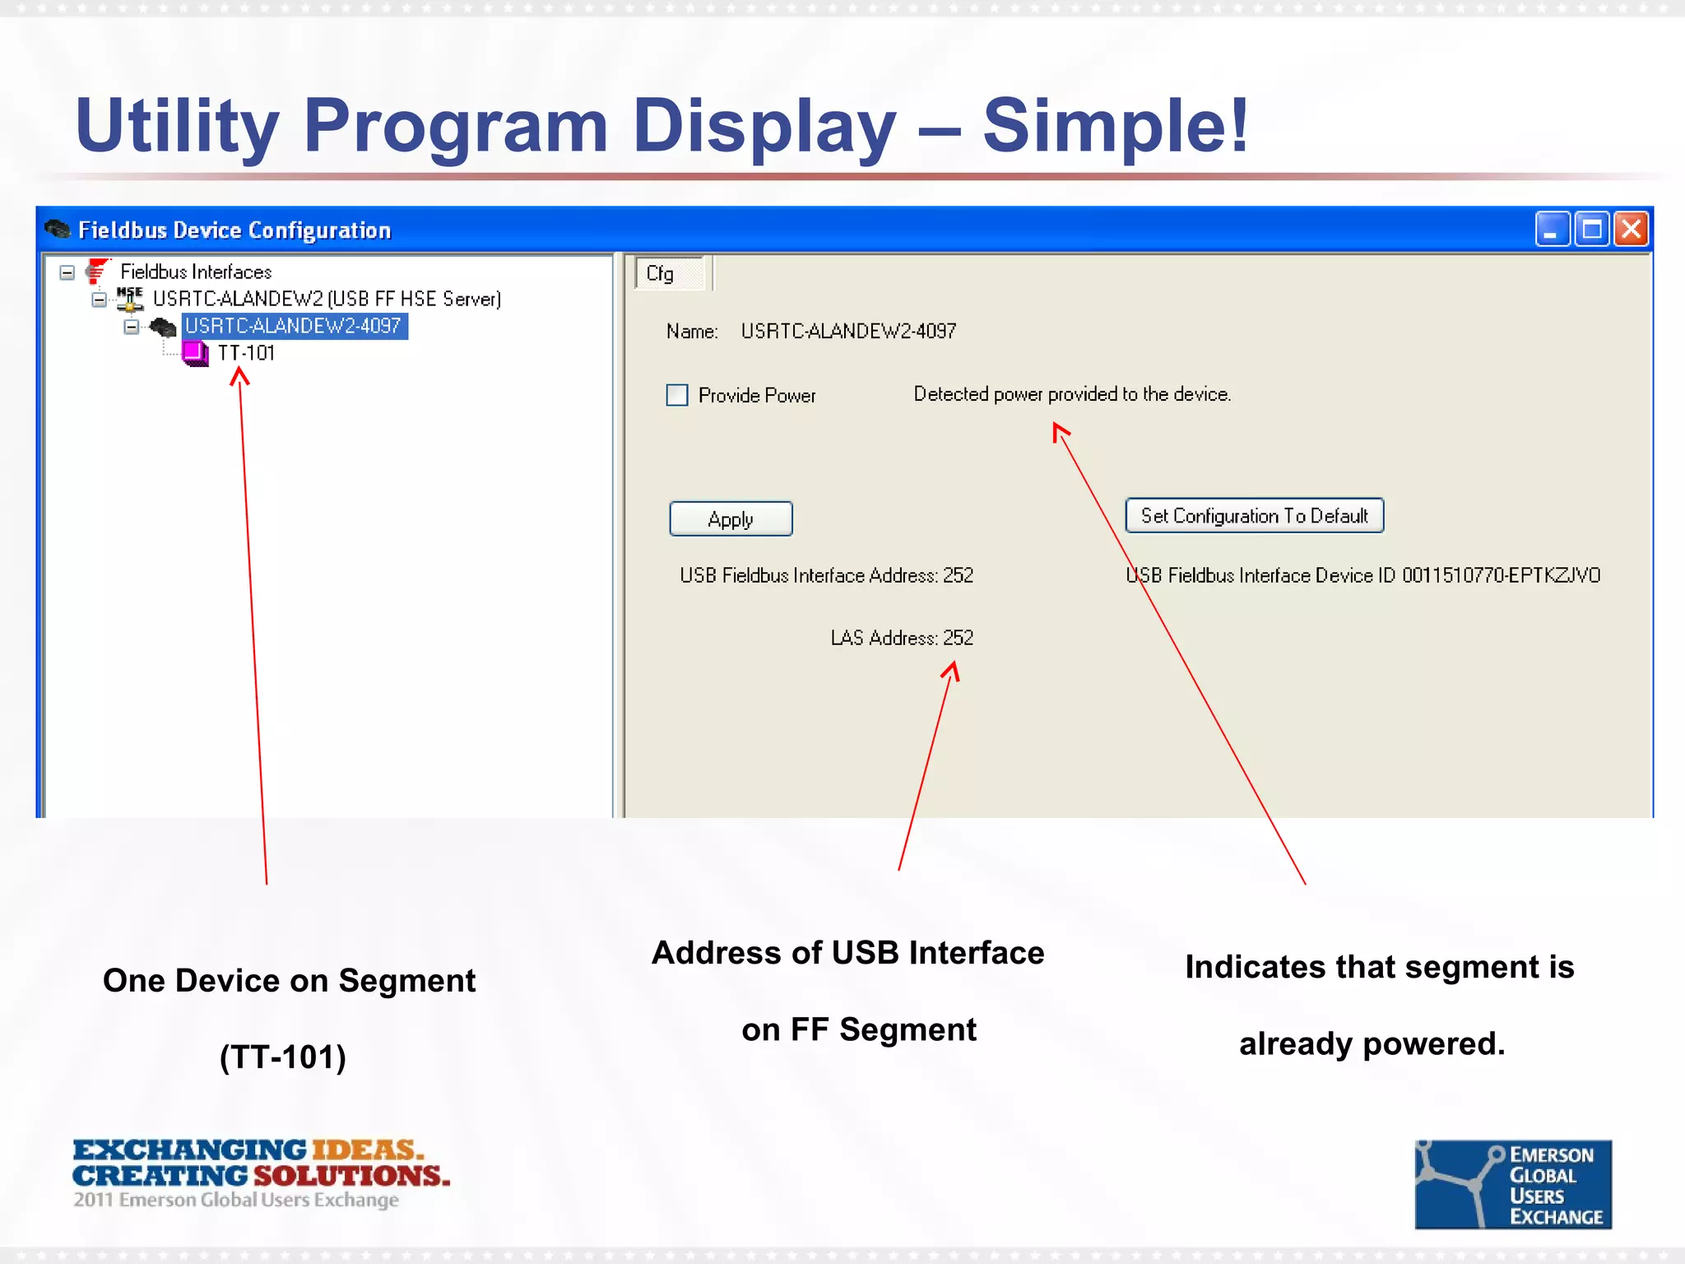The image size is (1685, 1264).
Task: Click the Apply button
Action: pos(731,519)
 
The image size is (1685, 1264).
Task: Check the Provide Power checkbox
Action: pos(677,395)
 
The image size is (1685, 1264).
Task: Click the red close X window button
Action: pos(1631,230)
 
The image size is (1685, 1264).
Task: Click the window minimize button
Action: pos(1552,230)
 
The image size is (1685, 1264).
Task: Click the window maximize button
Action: pos(1591,230)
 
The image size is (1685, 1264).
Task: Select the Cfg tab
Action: pos(661,274)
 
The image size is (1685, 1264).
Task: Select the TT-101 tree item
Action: pos(246,353)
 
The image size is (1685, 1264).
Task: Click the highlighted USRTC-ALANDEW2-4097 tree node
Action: pos(293,326)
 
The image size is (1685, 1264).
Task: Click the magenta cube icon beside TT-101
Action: pos(195,353)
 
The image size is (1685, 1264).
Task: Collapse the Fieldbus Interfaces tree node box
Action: pos(67,272)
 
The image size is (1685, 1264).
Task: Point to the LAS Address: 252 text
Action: pos(901,638)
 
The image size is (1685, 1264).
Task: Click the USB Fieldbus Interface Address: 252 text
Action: pos(826,575)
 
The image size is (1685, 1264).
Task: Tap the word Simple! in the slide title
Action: pos(1116,126)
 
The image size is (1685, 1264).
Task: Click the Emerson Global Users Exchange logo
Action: pos(1512,1184)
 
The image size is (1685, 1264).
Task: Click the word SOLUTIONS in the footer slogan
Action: pos(351,1175)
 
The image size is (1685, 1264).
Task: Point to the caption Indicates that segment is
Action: pos(1379,967)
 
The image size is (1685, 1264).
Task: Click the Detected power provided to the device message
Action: pos(1071,394)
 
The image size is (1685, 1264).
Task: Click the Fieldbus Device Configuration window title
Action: pos(234,230)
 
